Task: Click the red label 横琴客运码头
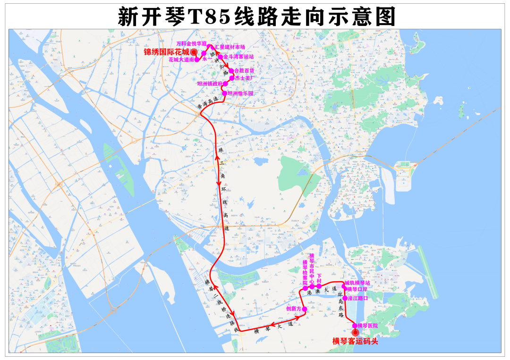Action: pos(355,341)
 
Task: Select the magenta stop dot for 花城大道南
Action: pos(196,60)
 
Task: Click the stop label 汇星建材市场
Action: pos(230,47)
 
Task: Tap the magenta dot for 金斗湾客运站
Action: pos(220,57)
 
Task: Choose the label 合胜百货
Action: pos(244,71)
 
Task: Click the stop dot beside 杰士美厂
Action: pos(231,78)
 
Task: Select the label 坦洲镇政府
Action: pos(209,84)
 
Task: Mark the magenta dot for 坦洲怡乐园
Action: pos(225,93)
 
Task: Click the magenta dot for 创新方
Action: pos(305,310)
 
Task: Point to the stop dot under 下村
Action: pos(319,286)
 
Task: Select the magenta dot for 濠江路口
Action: pos(345,298)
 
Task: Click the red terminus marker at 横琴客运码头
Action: pos(356,333)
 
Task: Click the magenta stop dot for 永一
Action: pos(204,53)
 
